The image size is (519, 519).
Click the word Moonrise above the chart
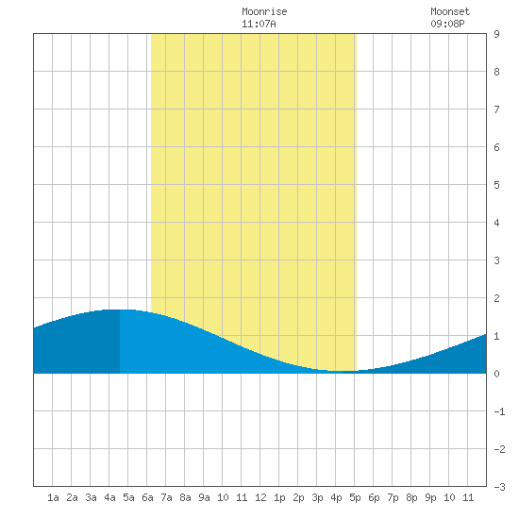tap(264, 11)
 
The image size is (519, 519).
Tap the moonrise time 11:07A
tap(259, 24)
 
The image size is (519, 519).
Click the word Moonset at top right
tap(450, 11)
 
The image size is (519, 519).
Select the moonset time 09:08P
tap(447, 24)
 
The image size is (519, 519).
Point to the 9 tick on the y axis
tap(496, 34)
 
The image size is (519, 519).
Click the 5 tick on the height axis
tap(496, 185)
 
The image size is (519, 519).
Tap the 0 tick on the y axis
tap(496, 374)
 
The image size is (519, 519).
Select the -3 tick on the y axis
tap(499, 487)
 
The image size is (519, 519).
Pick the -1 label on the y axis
tap(499, 411)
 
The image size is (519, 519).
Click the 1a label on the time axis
tap(53, 497)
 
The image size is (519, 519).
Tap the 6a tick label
tap(147, 497)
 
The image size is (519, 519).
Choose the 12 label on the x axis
tap(260, 497)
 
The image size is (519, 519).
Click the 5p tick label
tap(355, 497)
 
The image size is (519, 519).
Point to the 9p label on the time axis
tap(430, 497)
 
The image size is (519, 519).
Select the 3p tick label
tap(317, 497)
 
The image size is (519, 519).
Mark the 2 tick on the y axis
tap(496, 298)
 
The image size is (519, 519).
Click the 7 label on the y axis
tap(496, 109)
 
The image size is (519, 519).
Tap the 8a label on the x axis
tap(185, 497)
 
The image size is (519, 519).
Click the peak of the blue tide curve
tap(119, 310)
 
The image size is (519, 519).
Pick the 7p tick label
tap(393, 497)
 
